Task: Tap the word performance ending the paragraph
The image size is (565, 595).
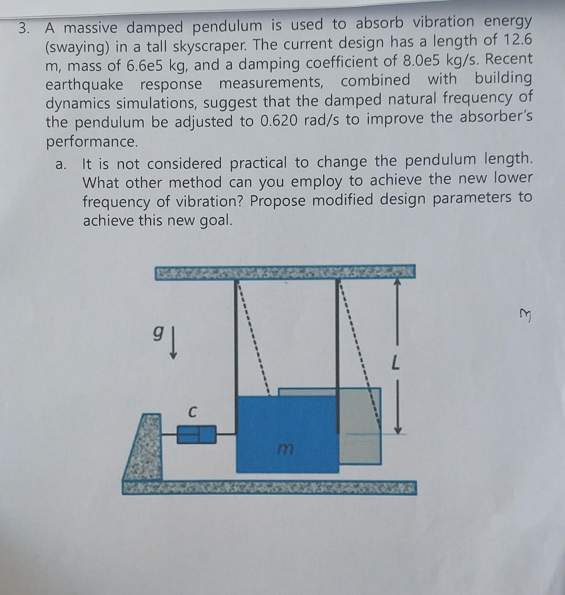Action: pos(92,142)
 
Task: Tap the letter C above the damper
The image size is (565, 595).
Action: pos(193,413)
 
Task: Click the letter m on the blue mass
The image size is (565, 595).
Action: pos(285,448)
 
